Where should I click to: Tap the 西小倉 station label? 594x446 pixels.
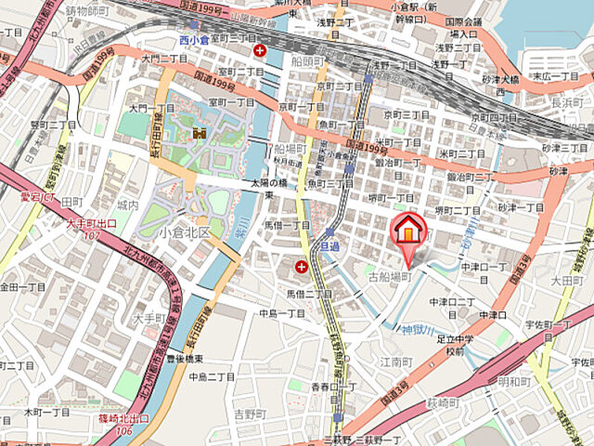[x=196, y=39]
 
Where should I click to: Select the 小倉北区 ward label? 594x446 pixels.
[x=184, y=232]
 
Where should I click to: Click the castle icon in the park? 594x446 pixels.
[x=198, y=137]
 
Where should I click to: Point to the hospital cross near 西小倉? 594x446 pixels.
[x=261, y=50]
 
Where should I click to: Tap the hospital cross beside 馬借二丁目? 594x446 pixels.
[x=302, y=268]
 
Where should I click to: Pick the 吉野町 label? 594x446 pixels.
[x=250, y=413]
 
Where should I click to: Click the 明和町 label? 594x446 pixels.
[x=514, y=381]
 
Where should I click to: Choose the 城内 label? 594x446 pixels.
[x=128, y=204]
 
